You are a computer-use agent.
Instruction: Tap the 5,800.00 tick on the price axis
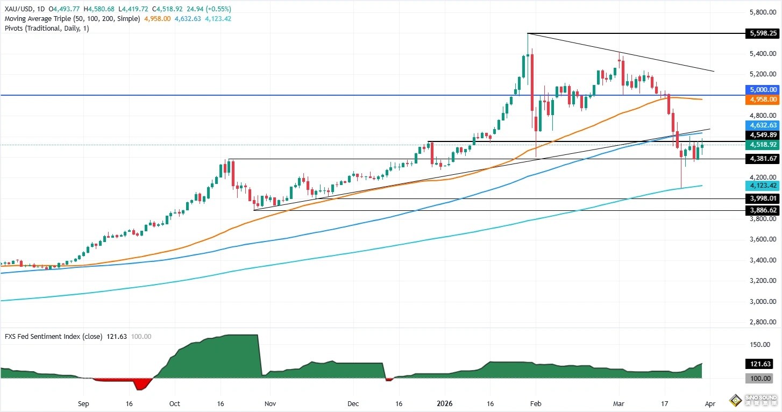tap(763, 12)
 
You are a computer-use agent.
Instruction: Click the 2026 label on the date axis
tap(444, 402)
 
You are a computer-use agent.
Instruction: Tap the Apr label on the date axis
tap(709, 402)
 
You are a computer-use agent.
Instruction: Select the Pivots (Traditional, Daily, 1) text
tap(47, 28)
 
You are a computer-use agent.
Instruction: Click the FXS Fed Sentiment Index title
tap(46, 337)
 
